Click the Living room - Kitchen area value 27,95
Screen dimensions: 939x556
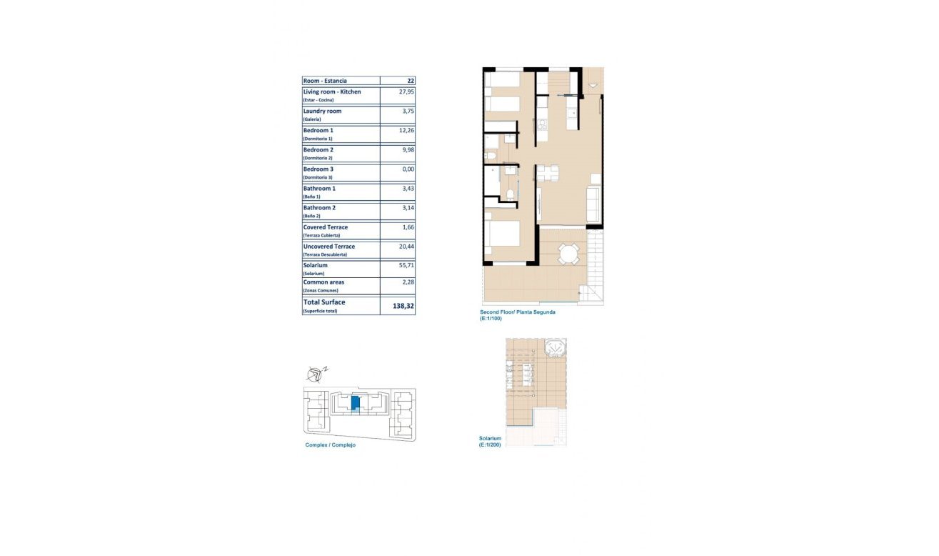[406, 91]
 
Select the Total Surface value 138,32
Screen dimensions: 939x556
[403, 306]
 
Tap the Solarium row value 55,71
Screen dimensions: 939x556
[406, 265]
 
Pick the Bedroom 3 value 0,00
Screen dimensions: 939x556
[408, 169]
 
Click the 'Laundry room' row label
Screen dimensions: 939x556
[322, 111]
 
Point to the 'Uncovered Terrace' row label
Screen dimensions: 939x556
[329, 247]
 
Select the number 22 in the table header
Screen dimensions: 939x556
[411, 81]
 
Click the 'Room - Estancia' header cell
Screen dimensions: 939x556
[325, 81]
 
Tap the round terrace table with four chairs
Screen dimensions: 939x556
[568, 254]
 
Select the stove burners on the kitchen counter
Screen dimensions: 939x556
[541, 124]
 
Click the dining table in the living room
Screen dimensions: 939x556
[548, 173]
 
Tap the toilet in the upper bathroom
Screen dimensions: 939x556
[491, 156]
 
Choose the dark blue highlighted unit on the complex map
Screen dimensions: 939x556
[355, 403]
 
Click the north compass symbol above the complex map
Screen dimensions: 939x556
[316, 374]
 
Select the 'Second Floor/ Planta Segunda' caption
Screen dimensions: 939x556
[517, 312]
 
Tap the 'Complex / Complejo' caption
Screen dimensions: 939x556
[331, 445]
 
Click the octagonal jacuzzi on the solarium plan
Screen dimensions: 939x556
[555, 348]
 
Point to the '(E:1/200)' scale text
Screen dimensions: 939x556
[490, 445]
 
